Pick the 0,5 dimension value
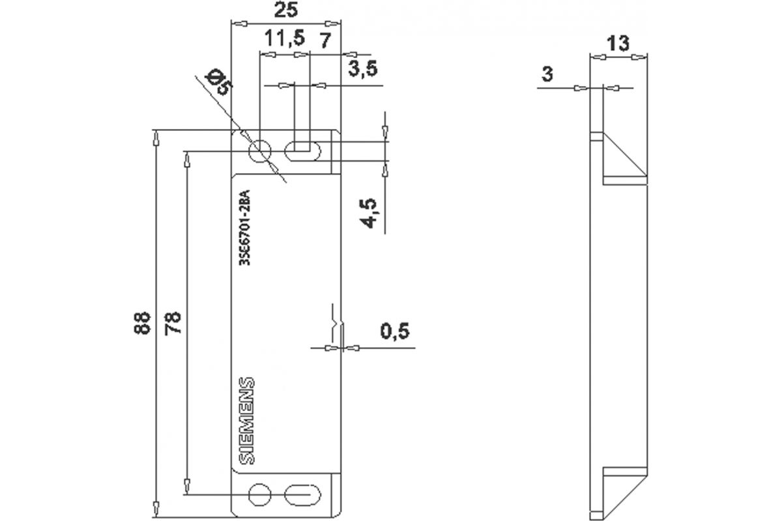tap(394, 332)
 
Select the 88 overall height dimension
tap(143, 322)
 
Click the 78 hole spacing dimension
tap(173, 322)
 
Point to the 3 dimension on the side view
tap(547, 75)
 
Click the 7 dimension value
tap(326, 38)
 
